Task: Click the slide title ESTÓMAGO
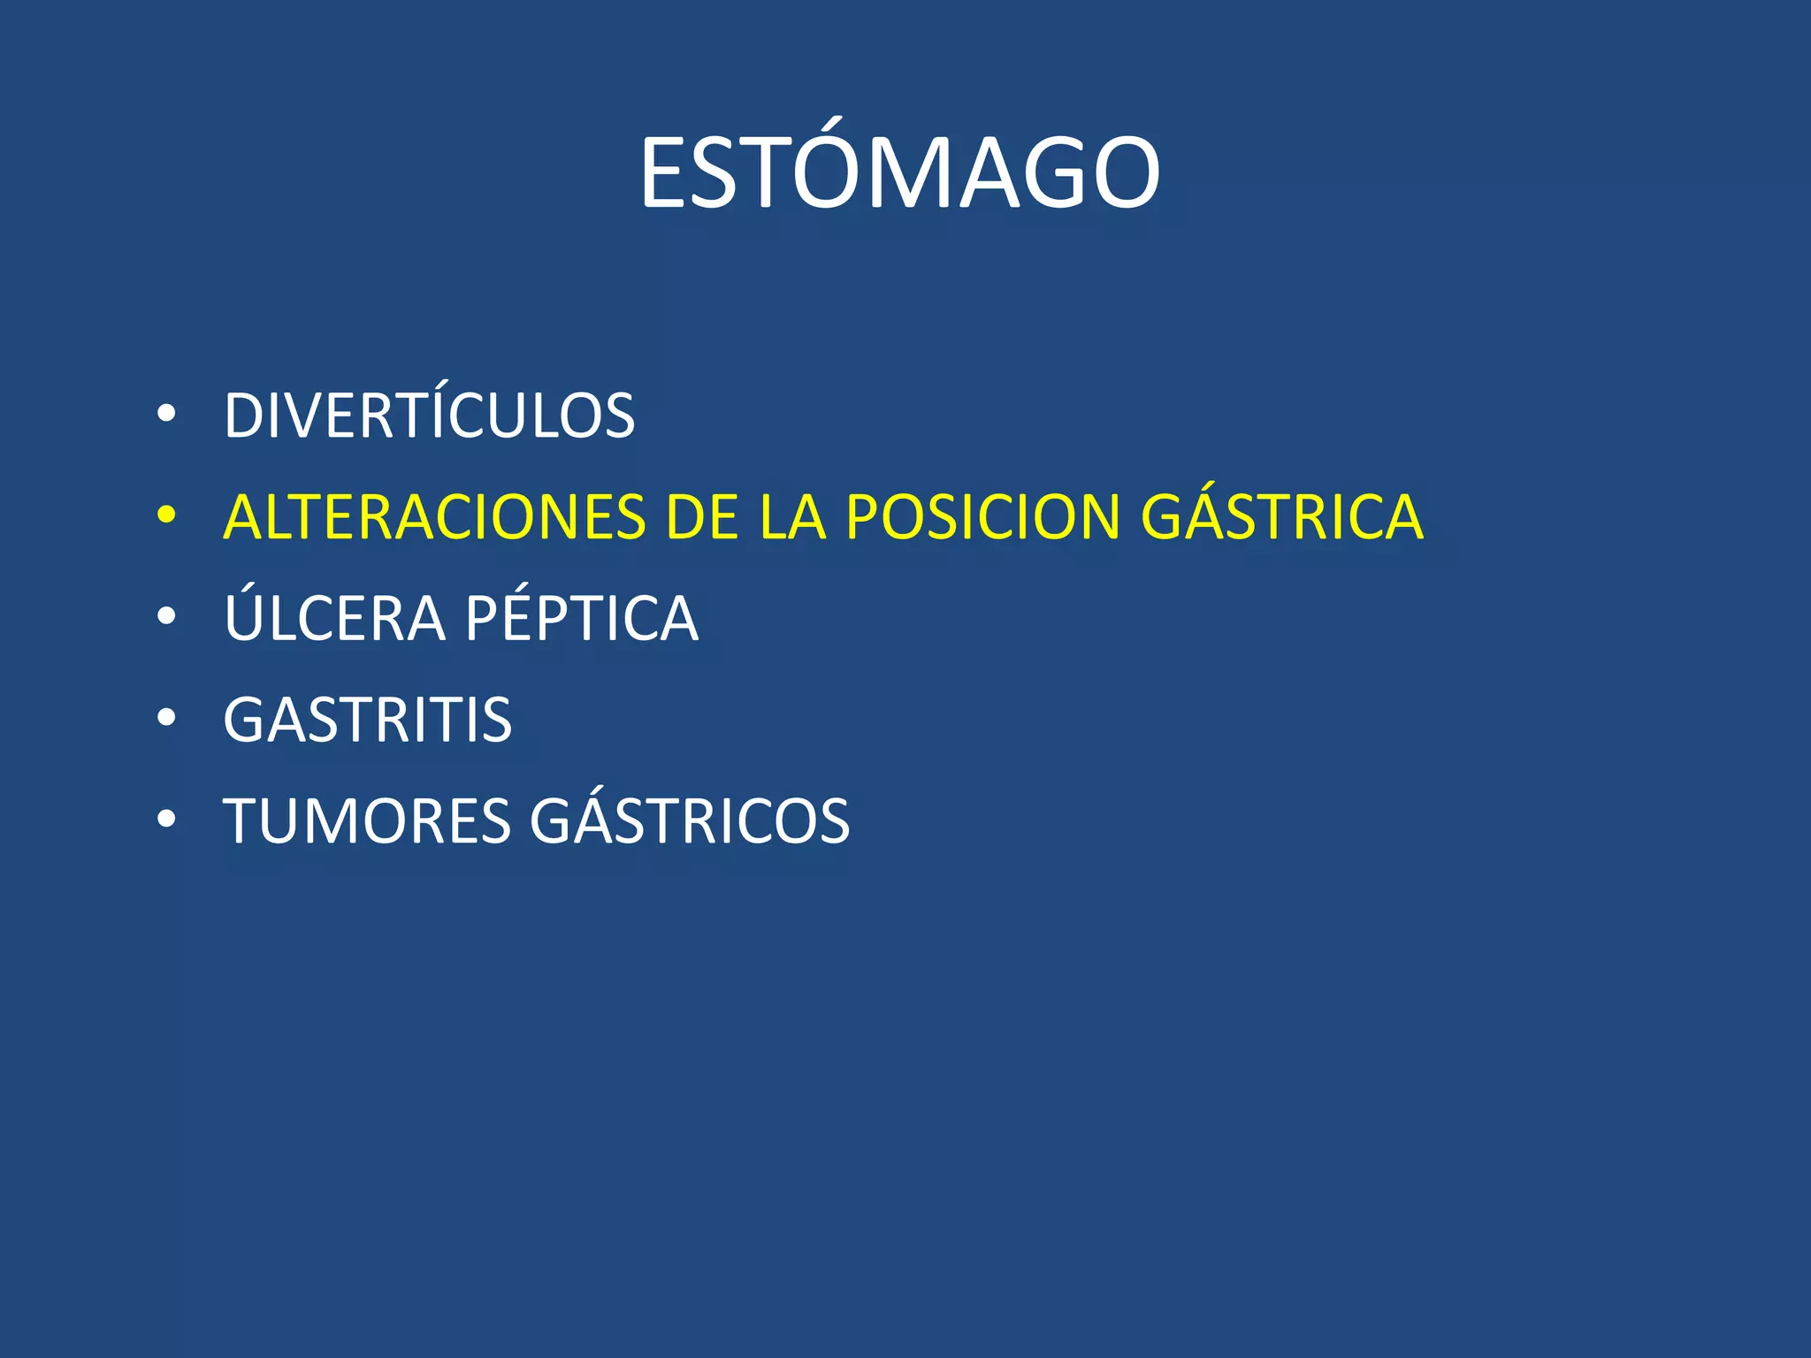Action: tap(899, 173)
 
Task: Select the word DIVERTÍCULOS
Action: tap(429, 416)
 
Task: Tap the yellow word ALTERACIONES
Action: tap(434, 517)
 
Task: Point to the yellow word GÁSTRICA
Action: tap(1281, 517)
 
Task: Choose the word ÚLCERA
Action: tap(334, 617)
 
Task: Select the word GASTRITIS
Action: tap(367, 720)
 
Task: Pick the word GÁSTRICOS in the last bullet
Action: tap(690, 820)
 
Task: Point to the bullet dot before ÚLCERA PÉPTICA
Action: tap(165, 616)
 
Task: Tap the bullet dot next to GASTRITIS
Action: tap(165, 718)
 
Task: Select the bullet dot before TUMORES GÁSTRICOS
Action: tap(165, 820)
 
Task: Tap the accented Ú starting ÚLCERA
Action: tap(244, 614)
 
